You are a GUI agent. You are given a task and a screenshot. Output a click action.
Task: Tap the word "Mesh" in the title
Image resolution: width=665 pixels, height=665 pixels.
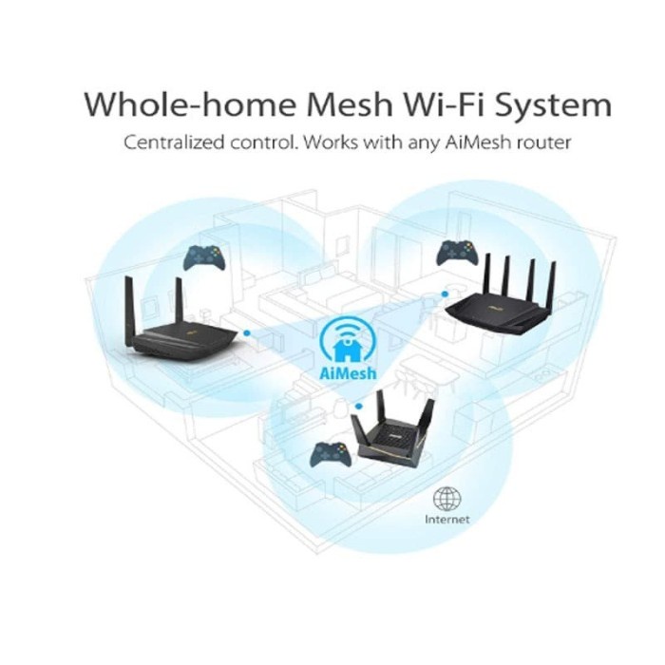pos(349,104)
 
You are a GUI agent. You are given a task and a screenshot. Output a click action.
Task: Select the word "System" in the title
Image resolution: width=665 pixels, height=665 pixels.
pos(554,105)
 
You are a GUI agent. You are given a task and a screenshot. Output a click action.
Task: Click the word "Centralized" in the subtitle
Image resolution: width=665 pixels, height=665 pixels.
pos(174,142)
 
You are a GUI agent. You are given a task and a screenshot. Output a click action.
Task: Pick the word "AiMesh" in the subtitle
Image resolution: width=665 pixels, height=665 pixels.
pos(478,142)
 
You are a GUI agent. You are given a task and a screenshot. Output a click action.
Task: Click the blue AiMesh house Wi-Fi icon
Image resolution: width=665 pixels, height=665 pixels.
pos(348,340)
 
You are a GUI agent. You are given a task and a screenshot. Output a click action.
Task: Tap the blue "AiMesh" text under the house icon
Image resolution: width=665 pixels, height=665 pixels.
pos(348,372)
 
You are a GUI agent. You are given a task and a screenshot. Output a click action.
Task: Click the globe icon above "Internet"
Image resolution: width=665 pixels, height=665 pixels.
pos(447,499)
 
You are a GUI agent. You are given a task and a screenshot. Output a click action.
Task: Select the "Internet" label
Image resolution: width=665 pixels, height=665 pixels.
pos(447,520)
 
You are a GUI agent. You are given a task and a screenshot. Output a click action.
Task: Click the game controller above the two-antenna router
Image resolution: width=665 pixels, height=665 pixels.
pos(204,257)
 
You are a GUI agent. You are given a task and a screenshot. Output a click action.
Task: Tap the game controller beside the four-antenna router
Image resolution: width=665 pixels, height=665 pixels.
pos(458,254)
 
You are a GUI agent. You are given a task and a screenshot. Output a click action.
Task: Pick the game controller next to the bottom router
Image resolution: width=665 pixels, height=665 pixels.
pos(331,455)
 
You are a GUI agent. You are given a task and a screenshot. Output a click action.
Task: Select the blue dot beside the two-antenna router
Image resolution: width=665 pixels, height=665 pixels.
pos(247,333)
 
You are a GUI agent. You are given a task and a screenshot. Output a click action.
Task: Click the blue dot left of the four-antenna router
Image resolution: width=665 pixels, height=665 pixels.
pos(445,294)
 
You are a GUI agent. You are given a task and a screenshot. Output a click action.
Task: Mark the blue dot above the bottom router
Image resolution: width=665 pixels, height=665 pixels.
pos(359,406)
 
